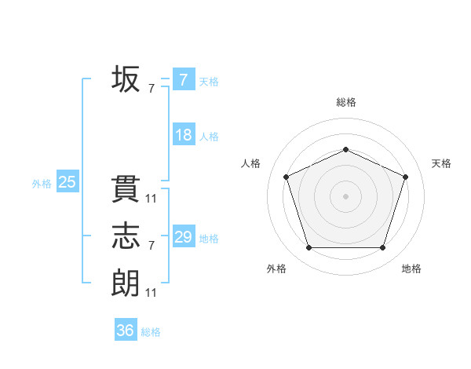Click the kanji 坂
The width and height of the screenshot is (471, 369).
click(126, 79)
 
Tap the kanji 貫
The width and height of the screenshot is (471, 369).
click(126, 190)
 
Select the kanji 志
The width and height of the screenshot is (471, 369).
click(126, 236)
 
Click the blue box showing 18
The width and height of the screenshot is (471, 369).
click(183, 135)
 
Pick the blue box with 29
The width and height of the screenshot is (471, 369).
click(183, 237)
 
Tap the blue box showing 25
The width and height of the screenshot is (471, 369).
click(68, 182)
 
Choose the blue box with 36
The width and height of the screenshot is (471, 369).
click(126, 331)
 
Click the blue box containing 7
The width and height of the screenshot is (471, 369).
click(183, 80)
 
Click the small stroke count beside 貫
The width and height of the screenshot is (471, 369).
click(152, 199)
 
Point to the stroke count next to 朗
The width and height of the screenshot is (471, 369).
click(152, 292)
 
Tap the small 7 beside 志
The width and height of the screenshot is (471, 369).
click(152, 246)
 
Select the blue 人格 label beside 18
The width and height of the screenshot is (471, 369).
click(209, 137)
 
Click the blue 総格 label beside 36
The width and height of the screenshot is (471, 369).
click(151, 332)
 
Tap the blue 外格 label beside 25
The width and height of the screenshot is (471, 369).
click(42, 184)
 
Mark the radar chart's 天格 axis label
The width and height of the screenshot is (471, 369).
click(442, 163)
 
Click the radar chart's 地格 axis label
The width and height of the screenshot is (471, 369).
click(411, 269)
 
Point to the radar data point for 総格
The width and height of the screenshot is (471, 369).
click(345, 149)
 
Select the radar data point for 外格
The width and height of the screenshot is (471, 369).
click(309, 247)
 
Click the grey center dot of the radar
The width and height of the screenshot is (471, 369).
click(345, 195)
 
